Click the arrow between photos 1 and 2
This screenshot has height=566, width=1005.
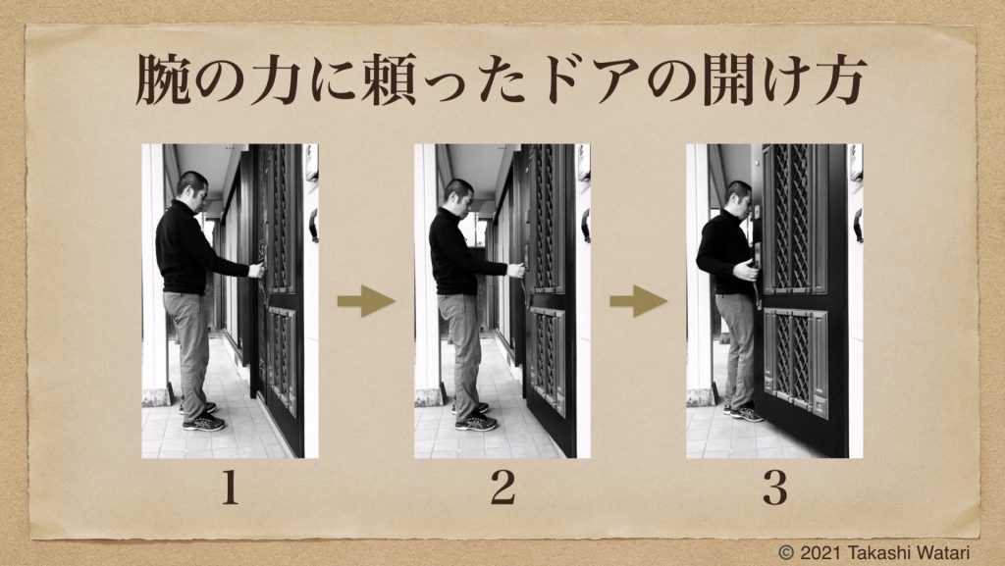(x=366, y=301)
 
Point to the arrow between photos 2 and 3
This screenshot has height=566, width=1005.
(x=638, y=301)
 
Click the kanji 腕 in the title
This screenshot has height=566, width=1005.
(x=163, y=80)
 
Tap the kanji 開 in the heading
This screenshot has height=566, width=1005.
(x=730, y=80)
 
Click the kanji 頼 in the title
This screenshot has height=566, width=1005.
(x=389, y=80)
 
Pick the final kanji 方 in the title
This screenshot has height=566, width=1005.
(x=841, y=80)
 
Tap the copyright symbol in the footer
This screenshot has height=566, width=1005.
(x=786, y=552)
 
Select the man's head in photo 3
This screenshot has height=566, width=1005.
(x=739, y=199)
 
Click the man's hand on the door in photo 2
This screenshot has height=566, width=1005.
(x=516, y=270)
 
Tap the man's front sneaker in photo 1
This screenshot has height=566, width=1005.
(x=204, y=422)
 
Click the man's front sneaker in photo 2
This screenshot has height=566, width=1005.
(x=476, y=422)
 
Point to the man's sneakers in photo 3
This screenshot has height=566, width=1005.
(x=744, y=412)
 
